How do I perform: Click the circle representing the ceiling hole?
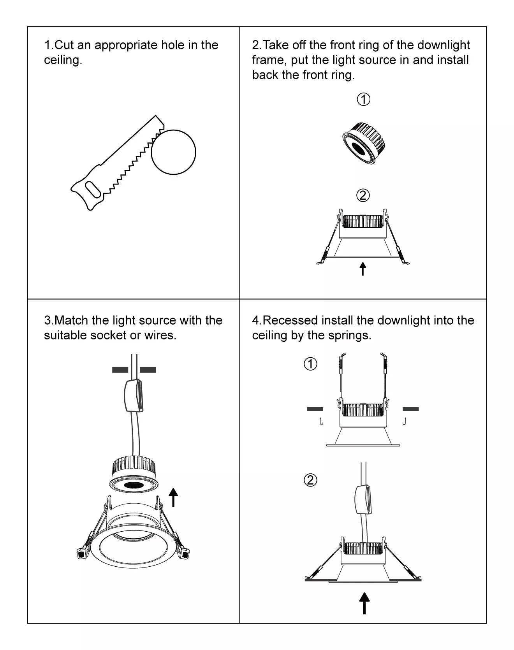[173, 152]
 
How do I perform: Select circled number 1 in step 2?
[363, 100]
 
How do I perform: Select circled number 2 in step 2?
[363, 195]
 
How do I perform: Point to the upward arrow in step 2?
[363, 269]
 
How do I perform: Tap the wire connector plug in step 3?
[134, 395]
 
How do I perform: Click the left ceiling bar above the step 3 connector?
[120, 370]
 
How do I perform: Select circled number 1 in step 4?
[310, 364]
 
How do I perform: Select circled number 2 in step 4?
[310, 480]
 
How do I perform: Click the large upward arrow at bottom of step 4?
[364, 603]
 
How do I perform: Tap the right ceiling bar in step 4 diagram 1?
[410, 409]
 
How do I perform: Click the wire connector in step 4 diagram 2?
[363, 500]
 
